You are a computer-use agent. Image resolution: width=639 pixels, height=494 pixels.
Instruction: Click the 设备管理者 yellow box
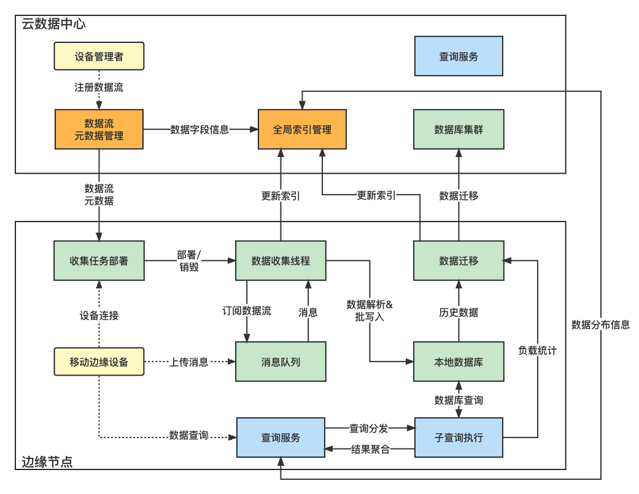click(x=99, y=56)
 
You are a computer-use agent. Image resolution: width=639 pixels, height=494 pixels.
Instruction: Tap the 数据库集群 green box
click(x=459, y=129)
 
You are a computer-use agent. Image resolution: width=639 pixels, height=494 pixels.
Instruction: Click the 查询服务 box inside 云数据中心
click(x=459, y=56)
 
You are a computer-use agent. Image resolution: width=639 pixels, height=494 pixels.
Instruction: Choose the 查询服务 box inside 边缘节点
click(x=281, y=438)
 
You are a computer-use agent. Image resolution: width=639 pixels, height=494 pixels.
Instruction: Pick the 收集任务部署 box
click(x=99, y=261)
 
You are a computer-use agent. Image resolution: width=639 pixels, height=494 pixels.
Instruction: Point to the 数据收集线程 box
click(x=281, y=261)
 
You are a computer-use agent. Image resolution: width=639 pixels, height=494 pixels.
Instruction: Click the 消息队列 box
click(x=281, y=362)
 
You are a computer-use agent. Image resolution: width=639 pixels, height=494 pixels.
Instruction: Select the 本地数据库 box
click(x=459, y=362)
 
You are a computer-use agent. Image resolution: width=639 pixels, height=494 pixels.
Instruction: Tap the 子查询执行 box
click(x=459, y=438)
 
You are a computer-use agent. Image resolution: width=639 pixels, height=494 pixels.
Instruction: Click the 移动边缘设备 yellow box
click(x=99, y=362)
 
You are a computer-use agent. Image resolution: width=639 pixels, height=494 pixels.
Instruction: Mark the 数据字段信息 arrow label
click(x=199, y=129)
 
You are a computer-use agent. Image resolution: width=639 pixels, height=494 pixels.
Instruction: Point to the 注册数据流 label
click(x=99, y=87)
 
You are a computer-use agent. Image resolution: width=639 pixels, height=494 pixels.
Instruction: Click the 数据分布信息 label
click(x=600, y=325)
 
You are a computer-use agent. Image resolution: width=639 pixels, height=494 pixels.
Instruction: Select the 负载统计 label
click(x=538, y=350)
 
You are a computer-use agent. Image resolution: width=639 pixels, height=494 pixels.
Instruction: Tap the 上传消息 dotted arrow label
click(x=188, y=362)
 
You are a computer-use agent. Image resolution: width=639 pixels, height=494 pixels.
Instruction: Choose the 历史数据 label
click(x=459, y=312)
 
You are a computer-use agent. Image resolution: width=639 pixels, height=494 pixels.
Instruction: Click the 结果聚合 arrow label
click(x=370, y=449)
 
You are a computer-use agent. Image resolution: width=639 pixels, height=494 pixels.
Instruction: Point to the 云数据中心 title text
click(x=53, y=25)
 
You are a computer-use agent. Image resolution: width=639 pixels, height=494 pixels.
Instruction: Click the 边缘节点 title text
click(x=47, y=462)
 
